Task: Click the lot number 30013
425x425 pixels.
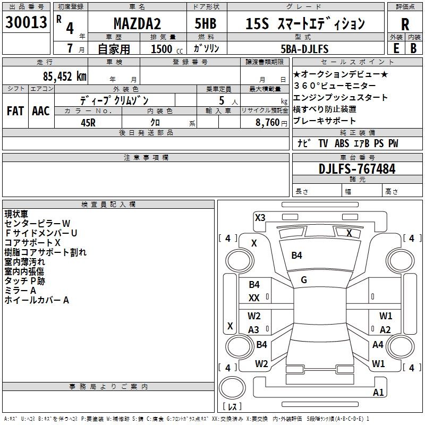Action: tap(26, 22)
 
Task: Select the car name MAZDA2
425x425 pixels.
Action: tap(137, 23)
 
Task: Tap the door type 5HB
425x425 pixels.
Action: tap(206, 23)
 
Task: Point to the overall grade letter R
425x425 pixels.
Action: tap(405, 24)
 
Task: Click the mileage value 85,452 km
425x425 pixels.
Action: tap(65, 76)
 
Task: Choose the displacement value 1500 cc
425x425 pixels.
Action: tap(167, 49)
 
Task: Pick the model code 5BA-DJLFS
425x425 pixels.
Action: tap(304, 49)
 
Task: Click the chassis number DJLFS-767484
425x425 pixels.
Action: tap(357, 168)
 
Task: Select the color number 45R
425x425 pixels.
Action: tap(88, 123)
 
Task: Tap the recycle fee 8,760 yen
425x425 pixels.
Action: tap(271, 123)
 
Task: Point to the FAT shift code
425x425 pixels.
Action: tap(15, 111)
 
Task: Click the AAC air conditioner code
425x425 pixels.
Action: tap(41, 111)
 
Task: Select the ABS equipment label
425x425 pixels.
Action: tap(342, 143)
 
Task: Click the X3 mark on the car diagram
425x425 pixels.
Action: tap(260, 218)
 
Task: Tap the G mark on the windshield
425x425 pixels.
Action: tap(304, 280)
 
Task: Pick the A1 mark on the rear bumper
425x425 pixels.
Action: tap(378, 392)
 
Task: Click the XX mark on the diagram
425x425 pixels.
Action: tap(254, 298)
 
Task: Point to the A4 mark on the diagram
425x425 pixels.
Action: tap(378, 344)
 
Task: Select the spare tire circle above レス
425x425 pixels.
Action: tap(232, 388)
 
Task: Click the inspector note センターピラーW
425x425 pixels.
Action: tap(37, 223)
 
